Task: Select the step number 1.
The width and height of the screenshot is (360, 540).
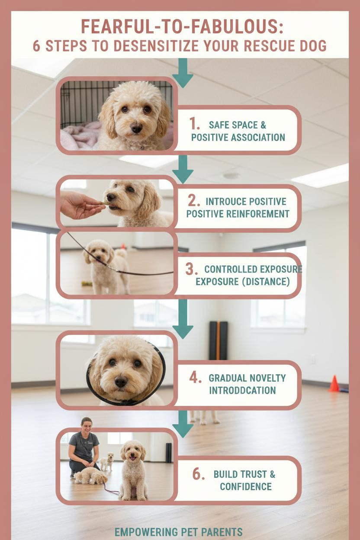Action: pyautogui.click(x=194, y=124)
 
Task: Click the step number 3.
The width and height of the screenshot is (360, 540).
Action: pyautogui.click(x=191, y=269)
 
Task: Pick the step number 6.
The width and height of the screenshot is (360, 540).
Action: pyautogui.click(x=199, y=474)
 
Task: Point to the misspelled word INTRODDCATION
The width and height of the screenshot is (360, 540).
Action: pyautogui.click(x=242, y=390)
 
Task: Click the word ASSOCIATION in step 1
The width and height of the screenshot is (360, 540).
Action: pyautogui.click(x=258, y=138)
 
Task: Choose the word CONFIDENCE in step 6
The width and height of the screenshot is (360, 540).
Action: pyautogui.click(x=246, y=486)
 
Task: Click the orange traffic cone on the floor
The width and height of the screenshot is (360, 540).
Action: pyautogui.click(x=334, y=383)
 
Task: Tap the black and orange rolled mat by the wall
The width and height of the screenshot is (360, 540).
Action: pyautogui.click(x=219, y=341)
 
